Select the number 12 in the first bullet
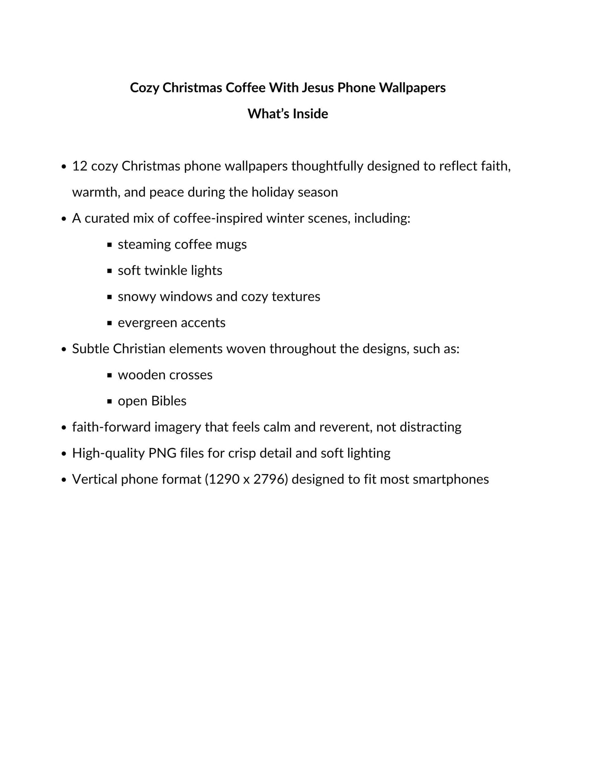point(80,166)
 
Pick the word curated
point(107,218)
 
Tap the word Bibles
point(169,401)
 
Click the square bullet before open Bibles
point(109,401)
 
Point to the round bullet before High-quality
point(64,453)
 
